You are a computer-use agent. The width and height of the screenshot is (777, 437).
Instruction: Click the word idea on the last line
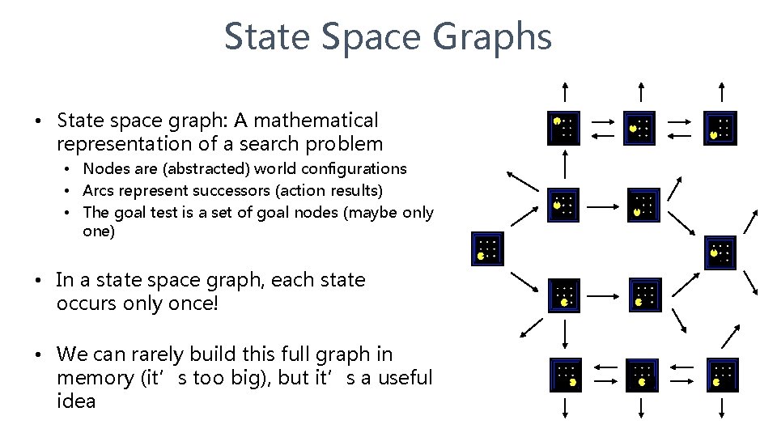click(x=76, y=401)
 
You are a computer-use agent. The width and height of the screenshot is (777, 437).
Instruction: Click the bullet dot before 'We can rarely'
click(x=38, y=354)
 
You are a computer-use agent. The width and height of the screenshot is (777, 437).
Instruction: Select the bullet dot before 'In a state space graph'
click(x=38, y=281)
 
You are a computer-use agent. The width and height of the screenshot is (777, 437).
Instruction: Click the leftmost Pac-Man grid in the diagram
click(x=487, y=249)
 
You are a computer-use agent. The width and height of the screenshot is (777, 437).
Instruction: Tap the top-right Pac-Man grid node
click(x=720, y=127)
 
